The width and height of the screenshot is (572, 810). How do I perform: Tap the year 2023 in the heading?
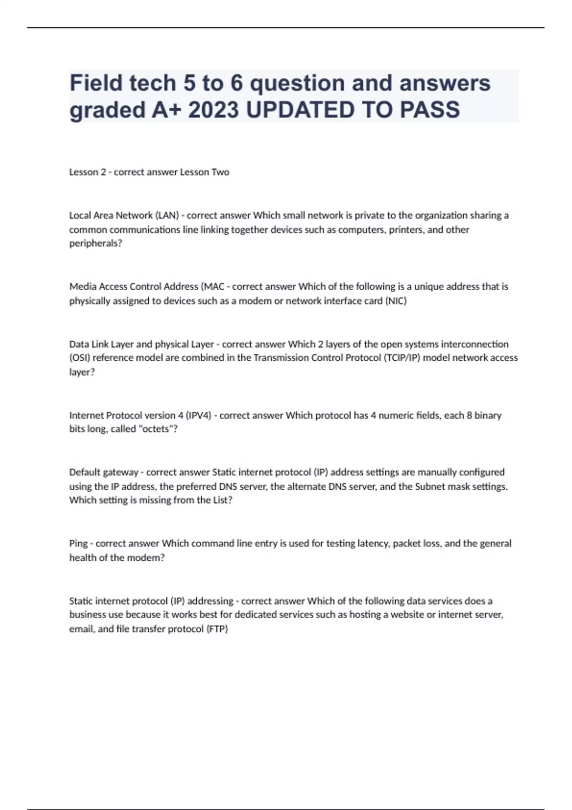[x=213, y=110]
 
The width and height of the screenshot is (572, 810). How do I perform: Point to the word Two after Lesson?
[x=220, y=172]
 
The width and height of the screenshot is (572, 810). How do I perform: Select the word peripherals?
[x=96, y=243]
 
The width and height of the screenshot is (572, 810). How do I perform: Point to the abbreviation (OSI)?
[x=80, y=358]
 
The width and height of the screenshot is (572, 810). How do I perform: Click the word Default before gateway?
[x=85, y=472]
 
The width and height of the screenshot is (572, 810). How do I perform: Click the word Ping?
[x=79, y=544]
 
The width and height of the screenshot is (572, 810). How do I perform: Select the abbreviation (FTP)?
[x=217, y=629]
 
